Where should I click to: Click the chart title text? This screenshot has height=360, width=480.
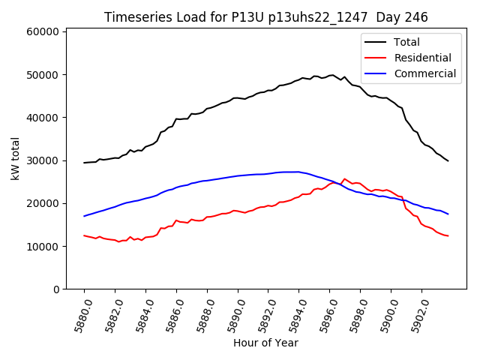coord(265,17)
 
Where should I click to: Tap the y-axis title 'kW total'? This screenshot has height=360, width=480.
coord(15,159)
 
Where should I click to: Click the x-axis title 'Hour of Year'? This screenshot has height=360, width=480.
coord(265,343)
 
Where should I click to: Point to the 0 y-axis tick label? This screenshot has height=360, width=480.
coord(56,289)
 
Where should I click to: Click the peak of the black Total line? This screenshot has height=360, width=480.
coord(331,75)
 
